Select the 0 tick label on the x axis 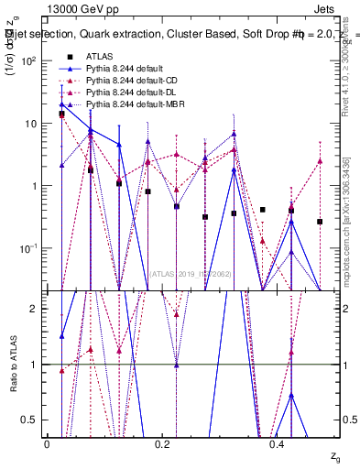pyautogui.click(x=48, y=444)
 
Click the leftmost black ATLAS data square pyautogui.click(x=61, y=115)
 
